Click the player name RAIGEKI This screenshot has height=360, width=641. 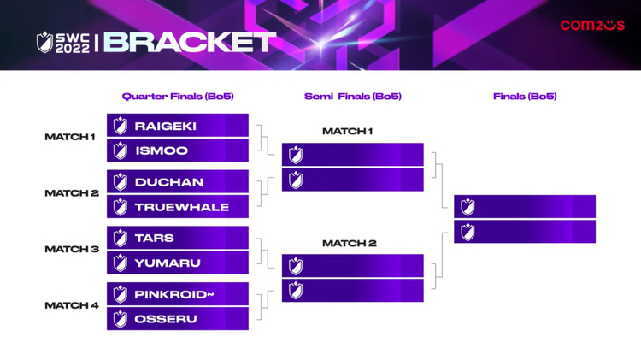pyautogui.click(x=166, y=126)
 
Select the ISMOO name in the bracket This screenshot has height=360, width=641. pyautogui.click(x=162, y=150)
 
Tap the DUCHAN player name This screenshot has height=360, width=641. pyautogui.click(x=169, y=182)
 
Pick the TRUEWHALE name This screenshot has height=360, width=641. pyautogui.click(x=182, y=207)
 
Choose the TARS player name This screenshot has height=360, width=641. pyautogui.click(x=155, y=238)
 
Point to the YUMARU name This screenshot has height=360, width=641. pyautogui.click(x=168, y=263)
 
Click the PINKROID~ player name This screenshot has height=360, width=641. pyautogui.click(x=174, y=294)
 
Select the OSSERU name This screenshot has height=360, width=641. pyautogui.click(x=166, y=319)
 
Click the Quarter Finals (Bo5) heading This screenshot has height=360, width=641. pyautogui.click(x=178, y=96)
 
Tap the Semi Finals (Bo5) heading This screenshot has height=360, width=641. pyautogui.click(x=353, y=96)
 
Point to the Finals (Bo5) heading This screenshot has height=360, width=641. pyautogui.click(x=525, y=96)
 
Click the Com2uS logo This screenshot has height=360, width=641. pyautogui.click(x=592, y=25)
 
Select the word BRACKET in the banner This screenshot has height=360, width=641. pyautogui.click(x=190, y=42)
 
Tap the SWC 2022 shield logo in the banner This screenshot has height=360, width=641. pyautogui.click(x=44, y=42)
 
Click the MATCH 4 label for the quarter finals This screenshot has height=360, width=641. pyautogui.click(x=72, y=305)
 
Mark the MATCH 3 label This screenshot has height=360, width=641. pyautogui.click(x=72, y=249)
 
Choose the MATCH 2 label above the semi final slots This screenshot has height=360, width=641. pyautogui.click(x=349, y=244)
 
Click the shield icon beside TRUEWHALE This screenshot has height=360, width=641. pyautogui.click(x=121, y=207)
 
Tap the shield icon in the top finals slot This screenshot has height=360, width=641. pyautogui.click(x=468, y=207)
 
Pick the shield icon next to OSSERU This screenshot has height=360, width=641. pyautogui.click(x=121, y=319)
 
